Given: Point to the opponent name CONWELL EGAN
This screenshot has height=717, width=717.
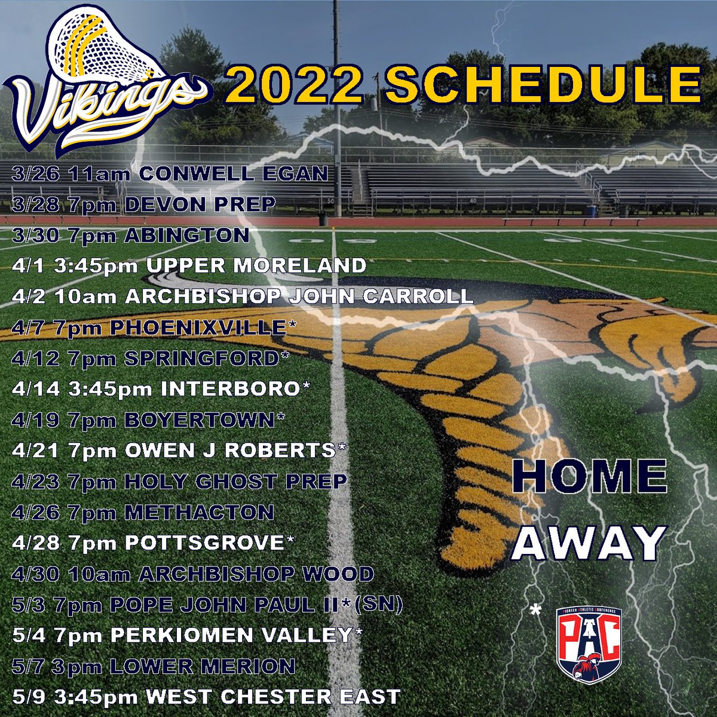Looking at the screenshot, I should click(234, 174).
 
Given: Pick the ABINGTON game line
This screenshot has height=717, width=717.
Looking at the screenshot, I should click(130, 235).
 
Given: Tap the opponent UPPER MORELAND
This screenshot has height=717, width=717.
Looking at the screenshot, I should click(256, 266).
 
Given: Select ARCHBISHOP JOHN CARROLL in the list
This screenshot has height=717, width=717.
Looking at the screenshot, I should click(299, 297).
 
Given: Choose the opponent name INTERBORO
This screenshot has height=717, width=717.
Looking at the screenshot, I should click(229, 389).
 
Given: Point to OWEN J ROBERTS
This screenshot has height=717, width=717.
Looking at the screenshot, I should click(229, 451).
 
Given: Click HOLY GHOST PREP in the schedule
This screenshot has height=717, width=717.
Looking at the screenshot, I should click(235, 481).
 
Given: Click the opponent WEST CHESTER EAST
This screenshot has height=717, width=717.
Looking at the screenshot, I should click(273, 697).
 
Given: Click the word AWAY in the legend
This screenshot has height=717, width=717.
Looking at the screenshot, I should click(588, 543).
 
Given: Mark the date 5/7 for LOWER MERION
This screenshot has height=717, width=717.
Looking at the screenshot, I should click(27, 666).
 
